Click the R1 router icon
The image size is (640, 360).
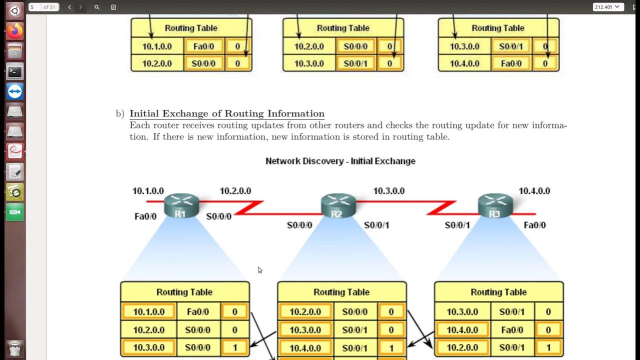pyautogui.click(x=181, y=205)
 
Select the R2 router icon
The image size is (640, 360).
pyautogui.click(x=337, y=206)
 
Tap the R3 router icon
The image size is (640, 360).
pyautogui.click(x=494, y=205)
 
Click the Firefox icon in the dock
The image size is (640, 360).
pyautogui.click(x=15, y=31)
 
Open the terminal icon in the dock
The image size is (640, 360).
pyautogui.click(x=15, y=71)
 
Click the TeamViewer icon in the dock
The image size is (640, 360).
pyautogui.click(x=15, y=92)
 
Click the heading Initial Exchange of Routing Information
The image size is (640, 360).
pyautogui.click(x=227, y=113)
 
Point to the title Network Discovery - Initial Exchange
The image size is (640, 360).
pyautogui.click(x=340, y=161)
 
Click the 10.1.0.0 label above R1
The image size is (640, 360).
pyautogui.click(x=148, y=191)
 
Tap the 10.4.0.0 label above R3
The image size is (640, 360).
pyautogui.click(x=534, y=191)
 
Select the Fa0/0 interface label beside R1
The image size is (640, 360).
pyautogui.click(x=145, y=216)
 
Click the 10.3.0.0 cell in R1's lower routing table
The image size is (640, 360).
pyautogui.click(x=148, y=347)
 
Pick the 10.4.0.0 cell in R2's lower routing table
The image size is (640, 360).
pyautogui.click(x=305, y=348)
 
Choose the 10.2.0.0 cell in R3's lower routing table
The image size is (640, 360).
pyautogui.click(x=462, y=347)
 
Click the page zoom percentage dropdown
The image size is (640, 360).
pyautogui.click(x=608, y=7)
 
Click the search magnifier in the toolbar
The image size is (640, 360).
pyautogui.click(x=97, y=7)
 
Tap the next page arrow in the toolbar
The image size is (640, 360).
pyautogui.click(x=80, y=7)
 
